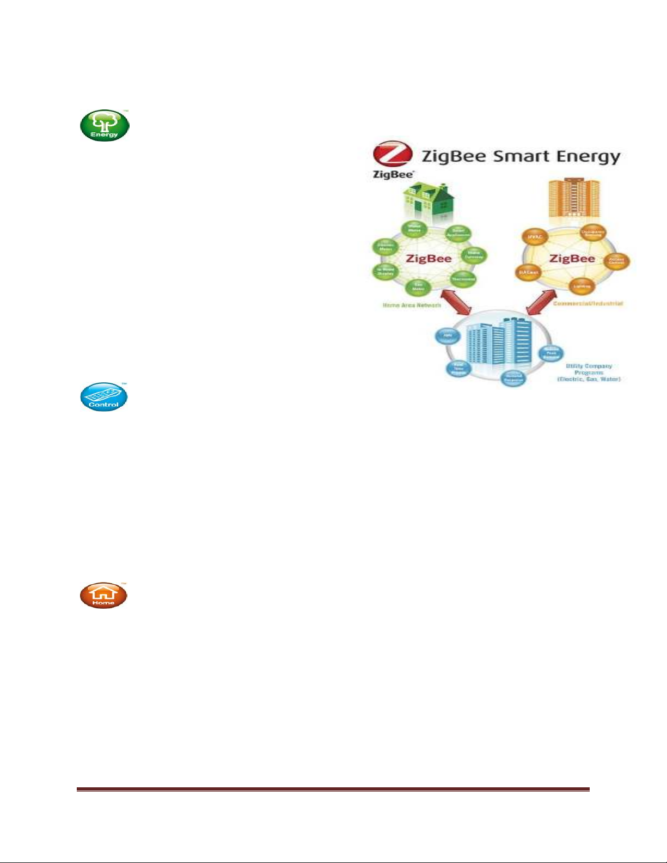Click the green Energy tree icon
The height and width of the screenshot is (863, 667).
click(105, 125)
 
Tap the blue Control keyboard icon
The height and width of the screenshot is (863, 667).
click(103, 396)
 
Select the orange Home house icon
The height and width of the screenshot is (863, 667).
click(103, 595)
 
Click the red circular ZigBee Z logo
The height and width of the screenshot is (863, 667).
click(392, 155)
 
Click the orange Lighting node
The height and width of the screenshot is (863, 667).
click(582, 286)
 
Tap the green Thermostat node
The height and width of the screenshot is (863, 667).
click(463, 279)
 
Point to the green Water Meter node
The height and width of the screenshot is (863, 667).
click(414, 229)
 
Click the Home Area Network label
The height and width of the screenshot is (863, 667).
click(412, 305)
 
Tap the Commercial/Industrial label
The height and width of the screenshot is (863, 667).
click(588, 303)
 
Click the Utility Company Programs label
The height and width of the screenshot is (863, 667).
click(589, 372)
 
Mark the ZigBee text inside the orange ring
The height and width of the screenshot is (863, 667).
click(572, 259)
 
